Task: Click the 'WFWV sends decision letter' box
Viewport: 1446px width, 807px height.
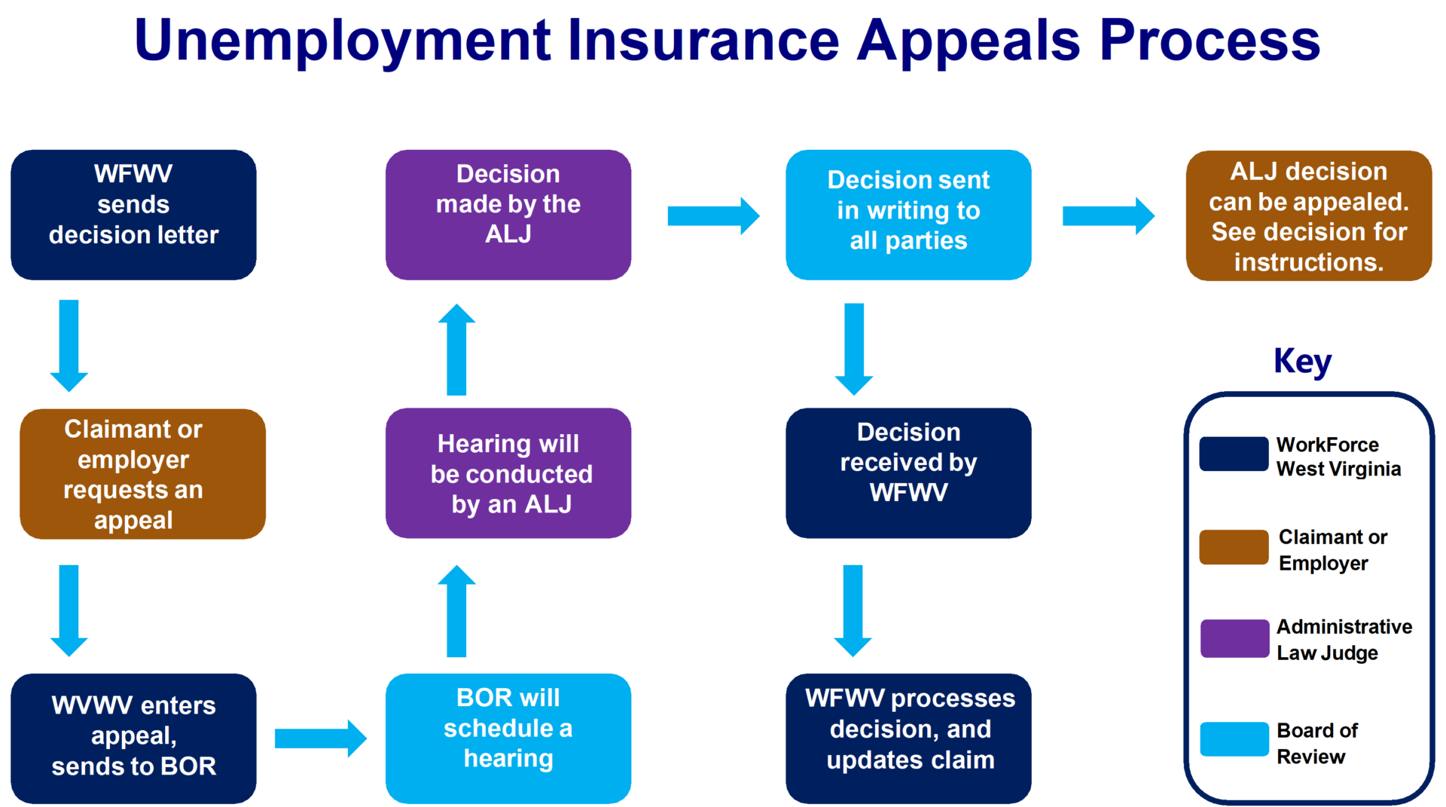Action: [133, 215]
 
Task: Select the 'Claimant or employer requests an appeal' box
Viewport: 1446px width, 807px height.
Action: [142, 474]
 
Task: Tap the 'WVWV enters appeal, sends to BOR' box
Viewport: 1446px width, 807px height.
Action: [133, 738]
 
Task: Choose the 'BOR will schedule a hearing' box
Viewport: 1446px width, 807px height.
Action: [508, 738]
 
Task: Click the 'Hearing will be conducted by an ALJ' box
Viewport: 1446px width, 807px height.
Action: [508, 473]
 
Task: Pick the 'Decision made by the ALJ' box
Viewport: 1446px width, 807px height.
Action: [508, 215]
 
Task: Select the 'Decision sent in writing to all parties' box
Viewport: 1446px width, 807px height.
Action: [908, 215]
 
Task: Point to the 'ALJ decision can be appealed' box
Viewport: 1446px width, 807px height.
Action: [1309, 216]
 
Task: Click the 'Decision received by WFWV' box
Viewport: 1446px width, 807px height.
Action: [908, 473]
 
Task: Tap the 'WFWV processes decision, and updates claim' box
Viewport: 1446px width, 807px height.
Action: [908, 738]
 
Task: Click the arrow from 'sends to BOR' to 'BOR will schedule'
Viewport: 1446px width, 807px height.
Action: [320, 738]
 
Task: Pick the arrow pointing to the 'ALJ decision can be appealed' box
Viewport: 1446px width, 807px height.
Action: [1108, 216]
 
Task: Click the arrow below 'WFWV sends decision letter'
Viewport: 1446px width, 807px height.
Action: [69, 345]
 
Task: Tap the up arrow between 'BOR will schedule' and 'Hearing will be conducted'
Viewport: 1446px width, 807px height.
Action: [456, 610]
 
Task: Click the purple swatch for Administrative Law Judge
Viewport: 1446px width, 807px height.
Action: [1234, 638]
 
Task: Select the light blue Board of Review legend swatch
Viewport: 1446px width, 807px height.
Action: [1234, 739]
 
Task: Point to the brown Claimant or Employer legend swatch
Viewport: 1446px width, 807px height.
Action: [1234, 547]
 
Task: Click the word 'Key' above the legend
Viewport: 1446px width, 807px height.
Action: [1302, 361]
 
